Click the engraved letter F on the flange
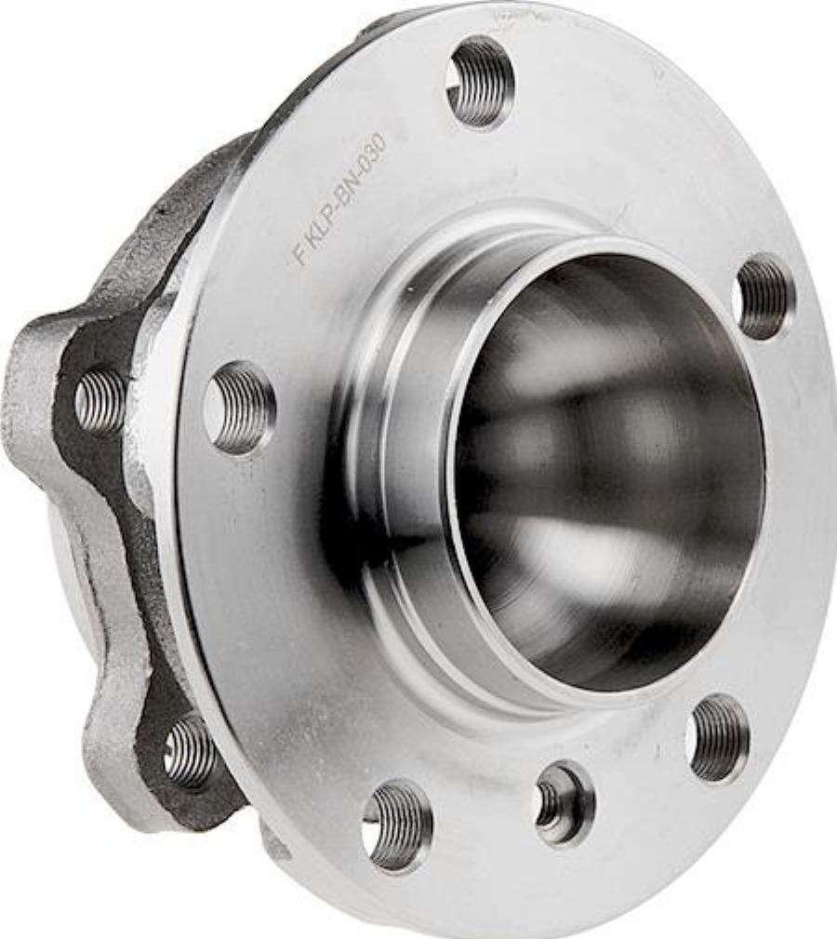300,254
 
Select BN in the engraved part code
347,179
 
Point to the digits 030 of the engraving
370,147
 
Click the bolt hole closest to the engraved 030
480,82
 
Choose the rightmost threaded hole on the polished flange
764,296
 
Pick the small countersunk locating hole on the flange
563,802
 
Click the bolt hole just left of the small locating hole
398,824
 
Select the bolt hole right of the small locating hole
718,737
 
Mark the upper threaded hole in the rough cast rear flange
100,400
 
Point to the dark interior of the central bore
604,465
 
